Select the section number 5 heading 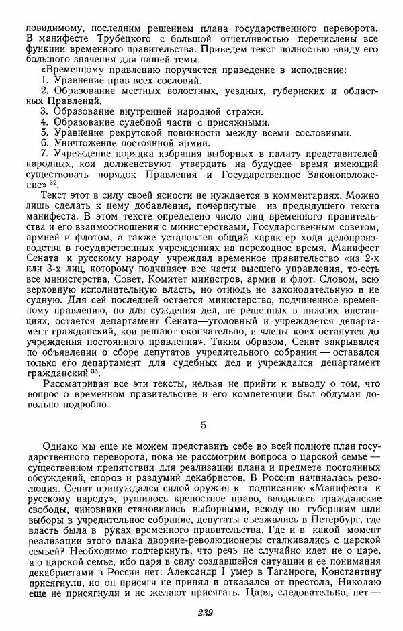(204, 424)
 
